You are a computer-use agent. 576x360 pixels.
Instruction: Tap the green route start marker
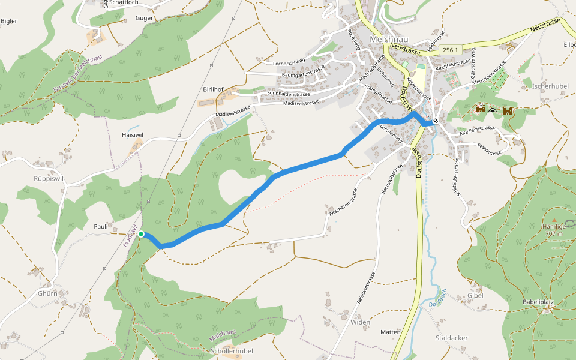click(x=140, y=234)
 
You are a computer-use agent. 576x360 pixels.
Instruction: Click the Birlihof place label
click(x=213, y=89)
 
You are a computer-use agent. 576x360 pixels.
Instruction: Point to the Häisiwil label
click(x=132, y=135)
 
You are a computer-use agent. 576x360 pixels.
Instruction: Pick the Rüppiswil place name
click(x=49, y=178)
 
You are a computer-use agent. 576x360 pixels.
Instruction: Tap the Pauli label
click(x=101, y=226)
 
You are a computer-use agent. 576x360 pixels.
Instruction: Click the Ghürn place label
click(x=47, y=293)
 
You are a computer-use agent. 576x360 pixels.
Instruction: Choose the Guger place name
click(x=145, y=18)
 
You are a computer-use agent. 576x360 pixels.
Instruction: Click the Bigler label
click(x=9, y=21)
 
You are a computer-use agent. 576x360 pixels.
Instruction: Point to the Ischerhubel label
click(x=550, y=86)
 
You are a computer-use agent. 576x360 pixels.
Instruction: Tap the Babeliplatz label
click(x=538, y=301)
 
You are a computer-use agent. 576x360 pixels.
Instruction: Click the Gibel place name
click(x=475, y=295)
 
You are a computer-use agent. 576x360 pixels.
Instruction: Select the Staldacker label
click(x=451, y=338)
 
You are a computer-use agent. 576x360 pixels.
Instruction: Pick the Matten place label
click(x=390, y=332)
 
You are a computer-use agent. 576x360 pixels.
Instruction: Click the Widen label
click(x=361, y=322)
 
